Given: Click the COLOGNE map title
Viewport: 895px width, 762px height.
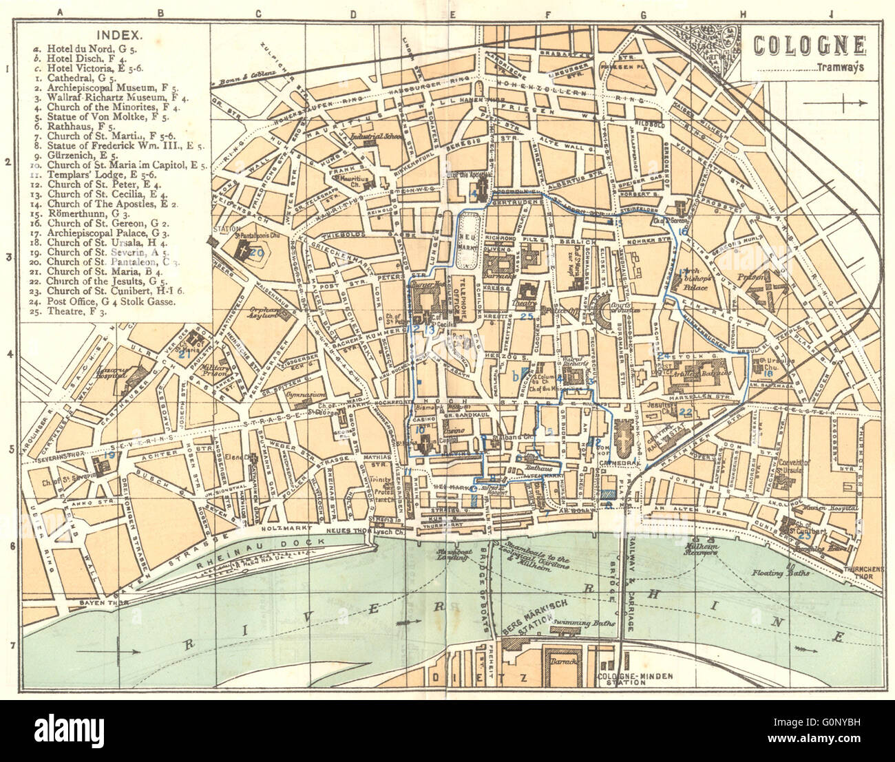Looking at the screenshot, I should [x=809, y=45].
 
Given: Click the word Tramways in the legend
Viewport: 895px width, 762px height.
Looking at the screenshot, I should [x=841, y=67].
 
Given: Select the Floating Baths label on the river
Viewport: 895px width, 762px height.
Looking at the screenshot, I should [x=779, y=572].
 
